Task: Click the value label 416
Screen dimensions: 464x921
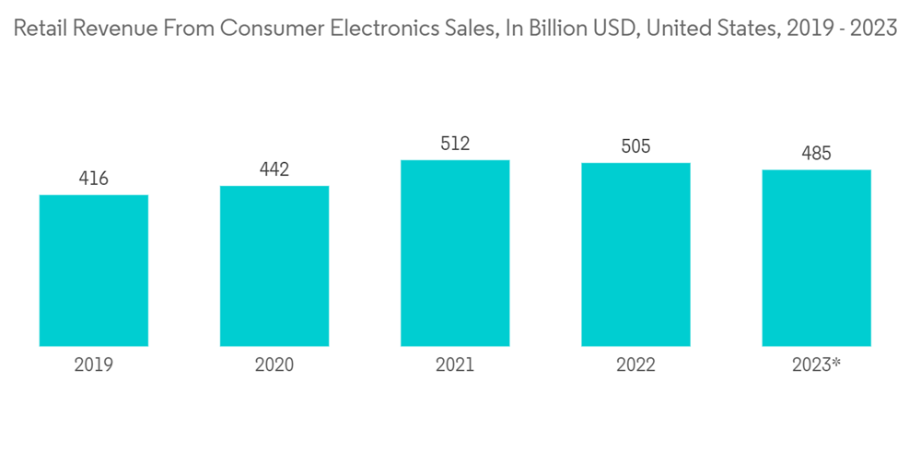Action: point(94,179)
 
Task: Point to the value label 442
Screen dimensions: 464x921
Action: point(274,169)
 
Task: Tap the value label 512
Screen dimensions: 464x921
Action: point(455,144)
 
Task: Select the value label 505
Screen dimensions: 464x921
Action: point(635,146)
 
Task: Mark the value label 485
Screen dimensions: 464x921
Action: point(816,154)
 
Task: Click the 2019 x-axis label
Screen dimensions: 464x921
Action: point(94,365)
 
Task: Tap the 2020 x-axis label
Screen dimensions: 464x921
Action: point(274,365)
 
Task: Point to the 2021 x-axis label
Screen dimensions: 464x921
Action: point(455,365)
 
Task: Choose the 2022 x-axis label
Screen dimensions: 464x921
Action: point(635,365)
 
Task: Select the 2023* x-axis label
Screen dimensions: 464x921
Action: point(816,365)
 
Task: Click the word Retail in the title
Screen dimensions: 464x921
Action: point(41,29)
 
